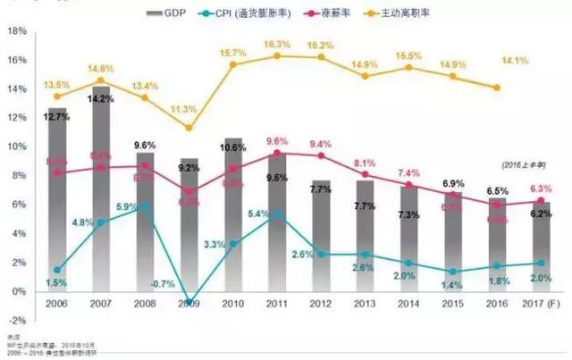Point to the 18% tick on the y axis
coord(16,29)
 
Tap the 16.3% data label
coord(278,44)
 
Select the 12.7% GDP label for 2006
coord(59,116)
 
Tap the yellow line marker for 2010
coord(233,64)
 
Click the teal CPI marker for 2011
coord(277,213)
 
